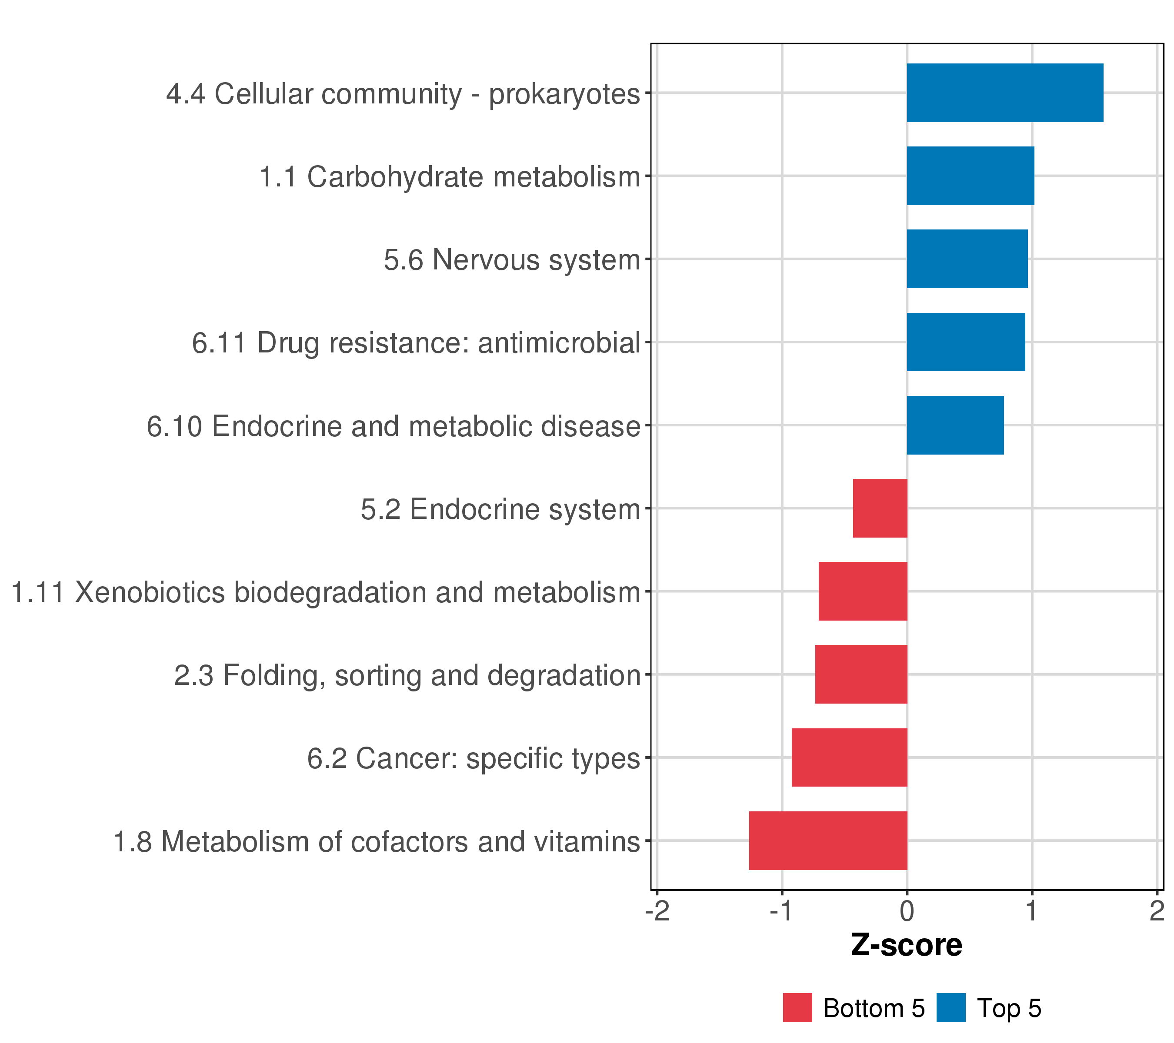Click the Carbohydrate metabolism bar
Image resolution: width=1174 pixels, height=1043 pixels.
coord(971,176)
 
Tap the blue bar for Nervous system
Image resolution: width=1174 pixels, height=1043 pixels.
coord(967,259)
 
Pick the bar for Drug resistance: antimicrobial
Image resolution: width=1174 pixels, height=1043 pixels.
coord(966,342)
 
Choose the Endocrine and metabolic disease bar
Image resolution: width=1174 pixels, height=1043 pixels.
coord(955,425)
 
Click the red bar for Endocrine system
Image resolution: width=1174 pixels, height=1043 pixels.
coord(880,508)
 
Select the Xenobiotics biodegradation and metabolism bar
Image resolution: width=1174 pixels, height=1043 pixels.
coord(863,591)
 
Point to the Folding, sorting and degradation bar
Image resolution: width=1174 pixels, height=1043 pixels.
coord(861,674)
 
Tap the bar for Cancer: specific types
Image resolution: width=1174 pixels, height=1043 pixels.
coord(850,758)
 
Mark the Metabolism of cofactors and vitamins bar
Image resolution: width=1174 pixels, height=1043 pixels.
coord(828,841)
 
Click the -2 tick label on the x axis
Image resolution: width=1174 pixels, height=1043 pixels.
coord(657,911)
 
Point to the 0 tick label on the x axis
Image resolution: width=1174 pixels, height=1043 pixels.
coord(907,911)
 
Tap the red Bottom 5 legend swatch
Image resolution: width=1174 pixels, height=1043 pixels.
coord(797,1007)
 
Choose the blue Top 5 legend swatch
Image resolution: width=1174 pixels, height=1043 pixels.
coord(951,1007)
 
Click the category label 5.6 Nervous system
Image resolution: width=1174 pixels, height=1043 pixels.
coord(512,260)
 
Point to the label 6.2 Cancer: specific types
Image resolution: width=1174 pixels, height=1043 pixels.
coord(473,759)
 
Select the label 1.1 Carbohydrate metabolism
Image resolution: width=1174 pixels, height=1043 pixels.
coord(450,177)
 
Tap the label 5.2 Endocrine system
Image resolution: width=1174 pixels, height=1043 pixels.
coord(500,510)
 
